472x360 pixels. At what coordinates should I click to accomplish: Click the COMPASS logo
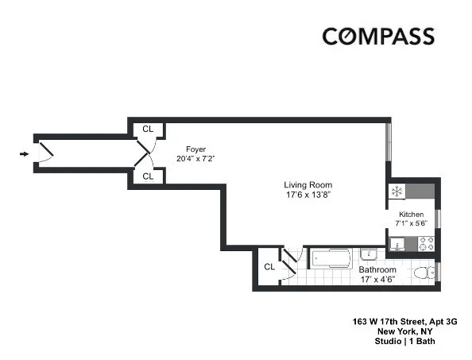pyautogui.click(x=377, y=37)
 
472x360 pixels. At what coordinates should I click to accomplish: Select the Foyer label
pyautogui.click(x=195, y=149)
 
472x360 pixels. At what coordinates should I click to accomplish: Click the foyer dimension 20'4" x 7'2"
pyautogui.click(x=195, y=159)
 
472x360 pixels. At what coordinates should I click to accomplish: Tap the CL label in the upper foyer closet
pyautogui.click(x=148, y=129)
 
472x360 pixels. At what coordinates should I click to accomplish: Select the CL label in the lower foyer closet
pyautogui.click(x=148, y=176)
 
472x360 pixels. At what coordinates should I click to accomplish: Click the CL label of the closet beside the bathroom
pyautogui.click(x=269, y=267)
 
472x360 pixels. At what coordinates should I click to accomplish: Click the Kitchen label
pyautogui.click(x=411, y=215)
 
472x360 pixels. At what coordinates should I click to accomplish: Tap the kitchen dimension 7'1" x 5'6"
pyautogui.click(x=411, y=225)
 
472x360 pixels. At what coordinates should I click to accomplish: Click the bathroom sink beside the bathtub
pyautogui.click(x=368, y=255)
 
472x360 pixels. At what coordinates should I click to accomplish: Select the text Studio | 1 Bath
pyautogui.click(x=405, y=342)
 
